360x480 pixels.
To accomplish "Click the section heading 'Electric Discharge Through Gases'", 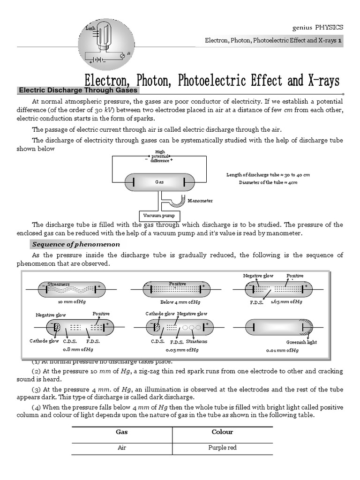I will point(77,90).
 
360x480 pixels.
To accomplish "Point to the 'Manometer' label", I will point(200,201).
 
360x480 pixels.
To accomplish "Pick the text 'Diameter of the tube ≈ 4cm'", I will point(268,182).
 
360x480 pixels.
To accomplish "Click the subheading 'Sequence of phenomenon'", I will point(75,244).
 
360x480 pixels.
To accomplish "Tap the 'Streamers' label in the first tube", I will point(59,284).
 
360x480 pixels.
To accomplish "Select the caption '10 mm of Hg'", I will point(72,302).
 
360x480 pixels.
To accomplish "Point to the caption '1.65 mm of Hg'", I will point(286,302).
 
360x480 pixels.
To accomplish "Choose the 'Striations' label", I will point(196,341).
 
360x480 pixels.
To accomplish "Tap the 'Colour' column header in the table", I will point(222,432).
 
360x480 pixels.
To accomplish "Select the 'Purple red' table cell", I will point(222,448).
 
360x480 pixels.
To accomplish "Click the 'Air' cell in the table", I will point(122,448).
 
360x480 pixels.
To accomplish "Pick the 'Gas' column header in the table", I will point(122,432).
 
